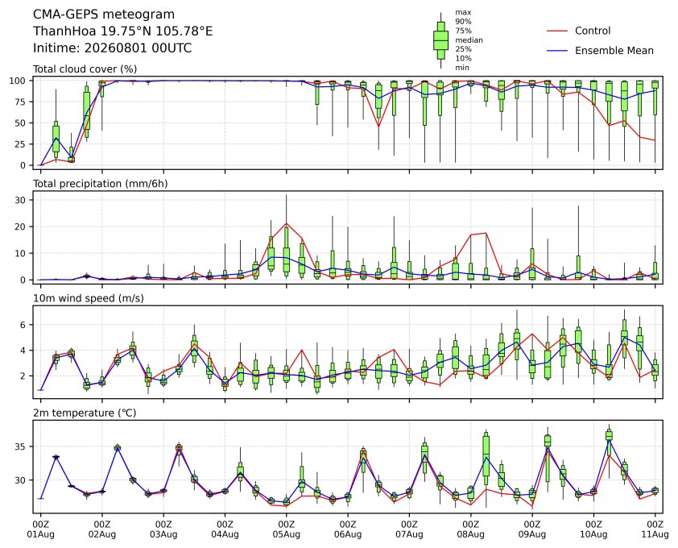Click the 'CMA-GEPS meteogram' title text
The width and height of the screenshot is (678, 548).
point(104,15)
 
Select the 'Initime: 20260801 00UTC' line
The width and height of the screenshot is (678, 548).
point(113,48)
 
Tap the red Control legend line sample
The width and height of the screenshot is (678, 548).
point(557,31)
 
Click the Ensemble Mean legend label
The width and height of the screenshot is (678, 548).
point(614,51)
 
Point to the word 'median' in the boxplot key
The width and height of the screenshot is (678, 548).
point(469,40)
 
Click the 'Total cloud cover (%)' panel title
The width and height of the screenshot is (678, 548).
point(85,69)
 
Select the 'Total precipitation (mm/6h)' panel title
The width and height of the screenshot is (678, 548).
point(101,184)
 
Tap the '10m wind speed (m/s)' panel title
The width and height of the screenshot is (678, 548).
point(89,298)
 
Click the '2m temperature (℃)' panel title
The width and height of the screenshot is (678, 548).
point(85,413)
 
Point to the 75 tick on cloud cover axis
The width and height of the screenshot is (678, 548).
point(20,102)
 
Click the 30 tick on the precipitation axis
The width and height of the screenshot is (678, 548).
point(20,200)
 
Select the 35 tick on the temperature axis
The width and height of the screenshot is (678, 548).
point(20,446)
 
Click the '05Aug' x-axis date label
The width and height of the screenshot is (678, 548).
point(286,534)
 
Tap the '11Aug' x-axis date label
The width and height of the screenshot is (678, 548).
point(655,534)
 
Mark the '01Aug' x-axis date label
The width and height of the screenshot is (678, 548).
point(40,534)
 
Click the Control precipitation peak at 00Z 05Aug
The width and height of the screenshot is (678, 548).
point(286,223)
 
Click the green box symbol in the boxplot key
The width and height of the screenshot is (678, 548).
point(440,40)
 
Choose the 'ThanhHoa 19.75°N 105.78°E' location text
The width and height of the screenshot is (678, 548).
point(123,31)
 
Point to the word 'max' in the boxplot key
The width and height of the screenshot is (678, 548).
point(463,13)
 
